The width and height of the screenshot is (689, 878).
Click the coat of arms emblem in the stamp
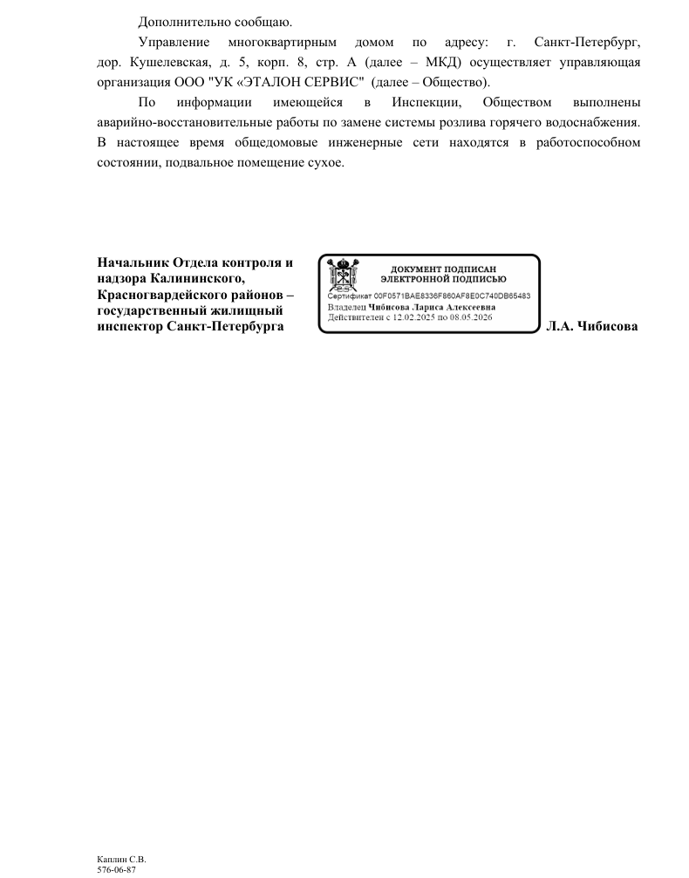pyautogui.click(x=339, y=276)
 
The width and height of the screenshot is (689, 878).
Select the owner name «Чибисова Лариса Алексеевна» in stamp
pyautogui.click(x=432, y=307)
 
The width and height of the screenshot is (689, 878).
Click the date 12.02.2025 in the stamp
pyautogui.click(x=413, y=317)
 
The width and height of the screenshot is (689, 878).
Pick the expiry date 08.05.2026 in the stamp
pyautogui.click(x=470, y=317)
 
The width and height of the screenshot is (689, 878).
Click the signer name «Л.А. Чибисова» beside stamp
pyautogui.click(x=592, y=326)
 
